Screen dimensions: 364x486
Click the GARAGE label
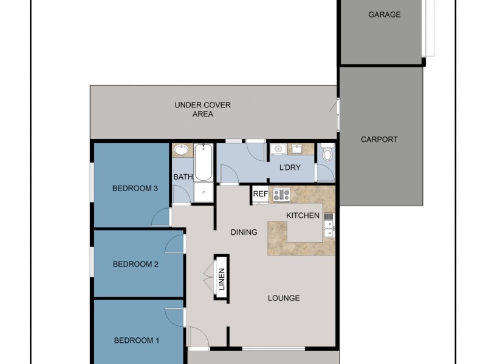coord(385,15)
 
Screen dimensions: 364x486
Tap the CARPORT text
coord(379,139)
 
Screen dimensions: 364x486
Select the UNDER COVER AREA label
coord(202,109)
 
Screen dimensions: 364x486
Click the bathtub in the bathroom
coord(203,162)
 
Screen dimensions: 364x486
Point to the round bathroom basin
coord(181,150)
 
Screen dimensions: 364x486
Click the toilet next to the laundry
coord(326,152)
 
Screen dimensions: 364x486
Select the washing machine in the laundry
coord(278,149)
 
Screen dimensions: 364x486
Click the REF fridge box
coord(260,195)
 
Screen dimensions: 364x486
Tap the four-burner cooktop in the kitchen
coord(281,195)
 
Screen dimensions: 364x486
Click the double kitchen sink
coord(329,224)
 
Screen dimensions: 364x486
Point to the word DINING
coord(244,232)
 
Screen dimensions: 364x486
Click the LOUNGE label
coord(284,298)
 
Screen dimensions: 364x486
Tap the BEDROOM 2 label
coord(135,264)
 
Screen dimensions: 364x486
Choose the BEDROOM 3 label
coord(135,189)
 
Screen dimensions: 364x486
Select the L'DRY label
coord(290,167)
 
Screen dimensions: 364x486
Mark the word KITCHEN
coord(303,215)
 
